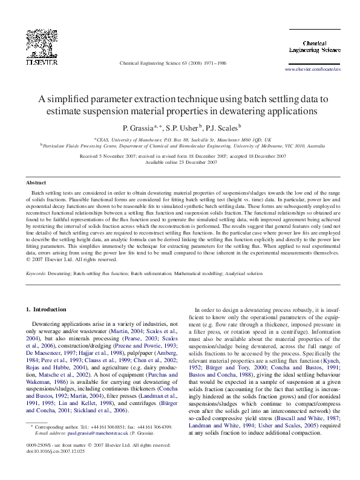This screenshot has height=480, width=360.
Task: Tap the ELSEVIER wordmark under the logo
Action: pyautogui.click(x=41, y=62)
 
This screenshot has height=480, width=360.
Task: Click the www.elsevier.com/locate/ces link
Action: pyautogui.click(x=313, y=70)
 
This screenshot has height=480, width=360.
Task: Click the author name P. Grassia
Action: pyautogui.click(x=139, y=128)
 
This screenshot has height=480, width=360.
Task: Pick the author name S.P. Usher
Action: pyautogui.click(x=183, y=128)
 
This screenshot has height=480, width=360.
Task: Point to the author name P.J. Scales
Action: pyautogui.click(x=223, y=128)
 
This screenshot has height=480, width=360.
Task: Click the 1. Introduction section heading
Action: pyautogui.click(x=46, y=310)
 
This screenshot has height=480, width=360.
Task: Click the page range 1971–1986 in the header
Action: pyautogui.click(x=214, y=62)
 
